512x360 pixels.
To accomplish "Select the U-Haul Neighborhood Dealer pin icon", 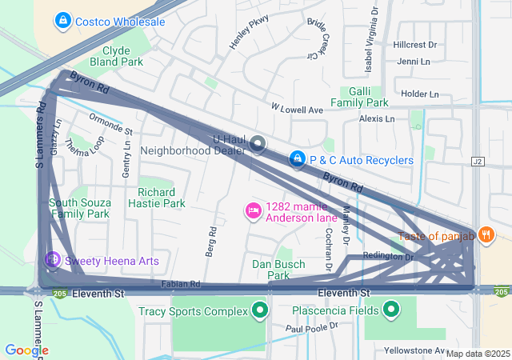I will (x=258, y=144).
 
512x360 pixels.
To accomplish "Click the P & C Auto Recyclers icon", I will (x=298, y=160).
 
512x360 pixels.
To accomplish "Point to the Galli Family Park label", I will (x=359, y=97).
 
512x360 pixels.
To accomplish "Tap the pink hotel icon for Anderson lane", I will (x=253, y=210).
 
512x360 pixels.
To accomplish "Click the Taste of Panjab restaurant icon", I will (x=486, y=235).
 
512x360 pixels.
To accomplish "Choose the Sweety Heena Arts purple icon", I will (x=53, y=260).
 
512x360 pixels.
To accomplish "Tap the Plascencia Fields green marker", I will (x=391, y=310).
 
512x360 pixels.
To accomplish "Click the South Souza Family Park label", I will (x=79, y=208).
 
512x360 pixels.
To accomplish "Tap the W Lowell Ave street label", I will (x=296, y=108).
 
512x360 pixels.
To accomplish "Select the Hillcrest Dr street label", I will (x=415, y=45).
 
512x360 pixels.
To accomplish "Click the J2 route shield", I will (x=478, y=161).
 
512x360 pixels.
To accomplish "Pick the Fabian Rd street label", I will (x=179, y=284).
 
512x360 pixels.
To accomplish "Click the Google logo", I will (x=26, y=350).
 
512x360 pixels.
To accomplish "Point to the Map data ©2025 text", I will (x=478, y=354).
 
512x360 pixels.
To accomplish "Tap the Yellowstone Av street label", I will (x=414, y=350).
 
